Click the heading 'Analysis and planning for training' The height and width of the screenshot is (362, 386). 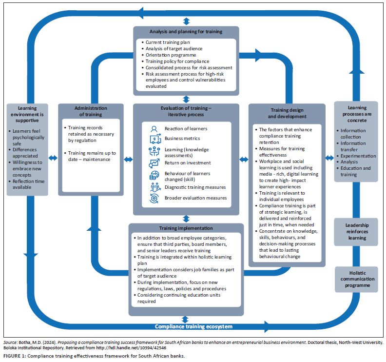[x=186, y=32]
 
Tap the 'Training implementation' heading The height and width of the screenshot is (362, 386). [x=186, y=228]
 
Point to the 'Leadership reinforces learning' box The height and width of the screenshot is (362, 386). [x=356, y=232]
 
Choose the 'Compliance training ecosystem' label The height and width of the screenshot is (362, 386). [x=193, y=326]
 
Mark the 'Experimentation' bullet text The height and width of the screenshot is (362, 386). [x=358, y=156]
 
